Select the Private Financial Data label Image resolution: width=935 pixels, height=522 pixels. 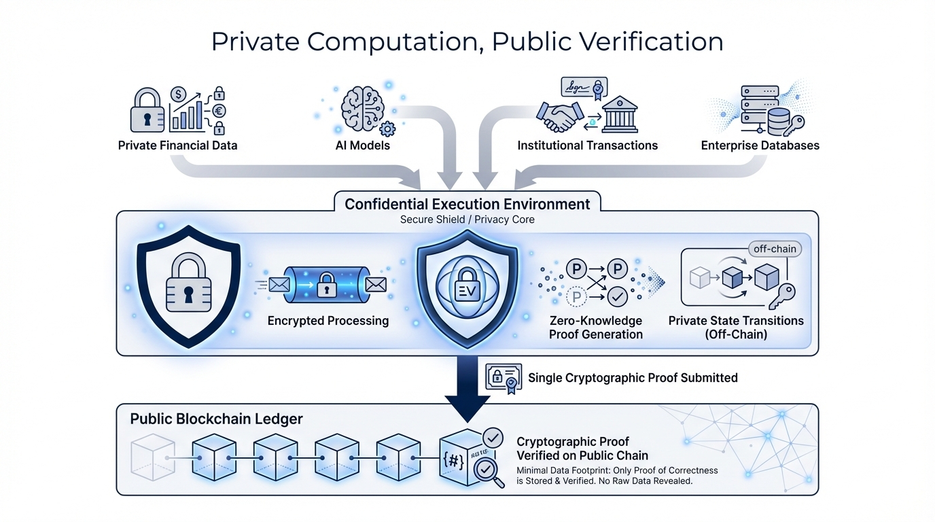178,145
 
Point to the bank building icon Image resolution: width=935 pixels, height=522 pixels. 620,114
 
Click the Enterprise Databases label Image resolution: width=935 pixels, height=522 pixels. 760,145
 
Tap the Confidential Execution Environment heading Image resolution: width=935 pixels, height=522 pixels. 468,204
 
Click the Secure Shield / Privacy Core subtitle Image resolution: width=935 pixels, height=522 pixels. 467,220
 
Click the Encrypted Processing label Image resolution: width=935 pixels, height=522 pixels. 328,321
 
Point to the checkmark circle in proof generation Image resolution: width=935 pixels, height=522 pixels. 617,297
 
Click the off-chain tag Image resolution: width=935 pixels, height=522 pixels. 775,249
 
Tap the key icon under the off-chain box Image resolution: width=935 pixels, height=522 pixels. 781,297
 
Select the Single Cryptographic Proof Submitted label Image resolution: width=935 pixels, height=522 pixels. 633,378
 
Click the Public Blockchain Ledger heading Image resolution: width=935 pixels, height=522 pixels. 216,419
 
